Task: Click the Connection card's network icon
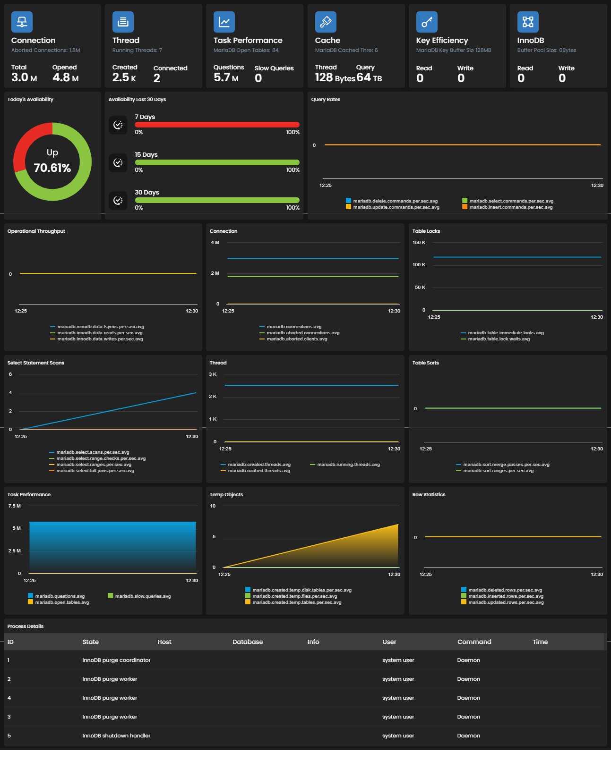[22, 22]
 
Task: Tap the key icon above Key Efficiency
[427, 22]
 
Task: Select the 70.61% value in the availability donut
[52, 168]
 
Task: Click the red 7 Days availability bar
[217, 124]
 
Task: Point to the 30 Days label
[147, 192]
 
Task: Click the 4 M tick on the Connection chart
[215, 242]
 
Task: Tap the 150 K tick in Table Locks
[419, 242]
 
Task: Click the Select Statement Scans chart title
[35, 363]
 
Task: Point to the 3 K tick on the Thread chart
[213, 374]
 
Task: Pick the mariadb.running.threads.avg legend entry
[345, 464]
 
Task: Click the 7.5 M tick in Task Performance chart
[14, 506]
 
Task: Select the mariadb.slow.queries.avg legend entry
[139, 596]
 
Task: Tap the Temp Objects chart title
[226, 494]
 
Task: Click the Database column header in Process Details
[248, 642]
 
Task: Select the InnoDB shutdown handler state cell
[116, 735]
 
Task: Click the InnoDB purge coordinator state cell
[116, 660]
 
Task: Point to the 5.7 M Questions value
[226, 77]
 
